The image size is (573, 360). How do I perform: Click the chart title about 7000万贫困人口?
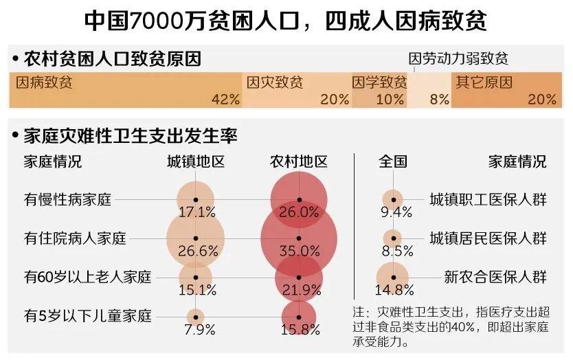(x=286, y=20)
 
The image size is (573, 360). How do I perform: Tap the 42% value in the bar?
(x=225, y=99)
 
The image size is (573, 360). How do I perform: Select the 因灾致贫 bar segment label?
(x=275, y=83)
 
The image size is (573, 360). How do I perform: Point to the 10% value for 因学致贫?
(x=390, y=99)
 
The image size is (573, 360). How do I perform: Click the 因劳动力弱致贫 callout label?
(x=458, y=59)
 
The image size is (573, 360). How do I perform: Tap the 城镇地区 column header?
(x=196, y=162)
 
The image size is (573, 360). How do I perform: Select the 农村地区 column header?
(x=298, y=162)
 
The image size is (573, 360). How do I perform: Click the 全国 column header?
(x=393, y=162)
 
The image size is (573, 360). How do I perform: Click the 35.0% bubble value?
(x=300, y=251)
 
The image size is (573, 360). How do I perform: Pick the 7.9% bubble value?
(x=196, y=328)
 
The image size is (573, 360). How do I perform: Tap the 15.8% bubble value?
(x=300, y=328)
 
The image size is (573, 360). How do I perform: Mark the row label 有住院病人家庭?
(x=76, y=239)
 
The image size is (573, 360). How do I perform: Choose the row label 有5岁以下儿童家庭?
(x=87, y=317)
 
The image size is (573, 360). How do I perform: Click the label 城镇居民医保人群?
(x=488, y=239)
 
